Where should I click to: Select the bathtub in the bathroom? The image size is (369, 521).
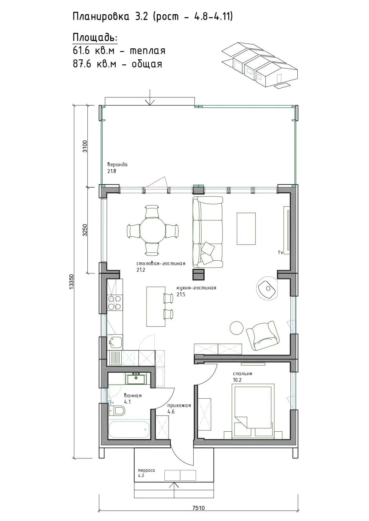pos(129,429)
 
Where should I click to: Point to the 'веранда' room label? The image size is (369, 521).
pos(117,164)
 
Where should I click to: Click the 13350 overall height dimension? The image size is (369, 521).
pos(71,281)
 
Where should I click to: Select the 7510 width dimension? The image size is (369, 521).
pos(199,508)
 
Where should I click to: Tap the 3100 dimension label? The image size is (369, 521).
pos(85,146)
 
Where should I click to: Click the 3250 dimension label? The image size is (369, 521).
pos(85,230)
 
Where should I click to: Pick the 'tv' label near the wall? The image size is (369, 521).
pos(280,252)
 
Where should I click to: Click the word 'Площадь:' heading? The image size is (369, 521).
pos(95,38)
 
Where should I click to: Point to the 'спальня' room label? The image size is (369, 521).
pos(243,374)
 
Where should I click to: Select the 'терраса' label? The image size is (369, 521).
pos(147,470)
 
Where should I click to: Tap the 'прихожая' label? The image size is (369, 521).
pos(179,406)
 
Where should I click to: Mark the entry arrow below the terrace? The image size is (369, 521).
pos(174,490)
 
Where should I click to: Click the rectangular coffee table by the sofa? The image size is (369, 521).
pos(246,229)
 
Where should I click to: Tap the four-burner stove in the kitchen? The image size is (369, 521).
pos(115,303)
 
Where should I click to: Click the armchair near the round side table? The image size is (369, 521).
pos(263,335)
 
